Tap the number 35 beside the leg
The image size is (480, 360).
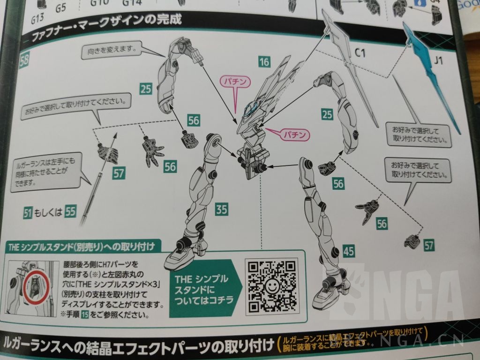coord(222,209)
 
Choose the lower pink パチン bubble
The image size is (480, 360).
coord(295,135)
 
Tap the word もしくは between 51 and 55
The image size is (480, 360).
coord(49,212)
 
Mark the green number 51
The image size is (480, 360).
coord(28,212)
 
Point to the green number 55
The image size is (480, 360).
coord(70,212)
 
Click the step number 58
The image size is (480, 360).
coord(24,60)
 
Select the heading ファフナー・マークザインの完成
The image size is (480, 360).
coord(106,35)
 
